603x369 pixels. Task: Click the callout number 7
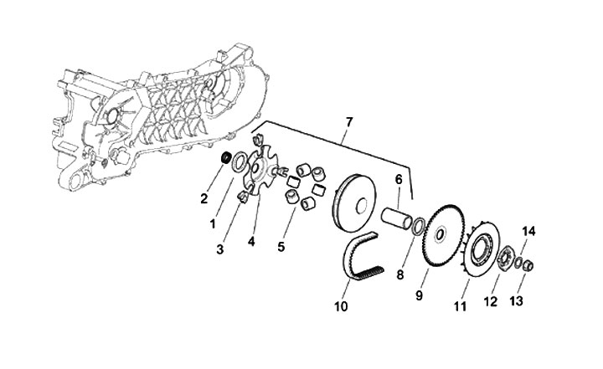[348, 122]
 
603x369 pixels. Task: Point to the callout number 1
[213, 223]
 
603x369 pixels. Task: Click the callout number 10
[341, 307]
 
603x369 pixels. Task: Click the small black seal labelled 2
[225, 158]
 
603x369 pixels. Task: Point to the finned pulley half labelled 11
[481, 248]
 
